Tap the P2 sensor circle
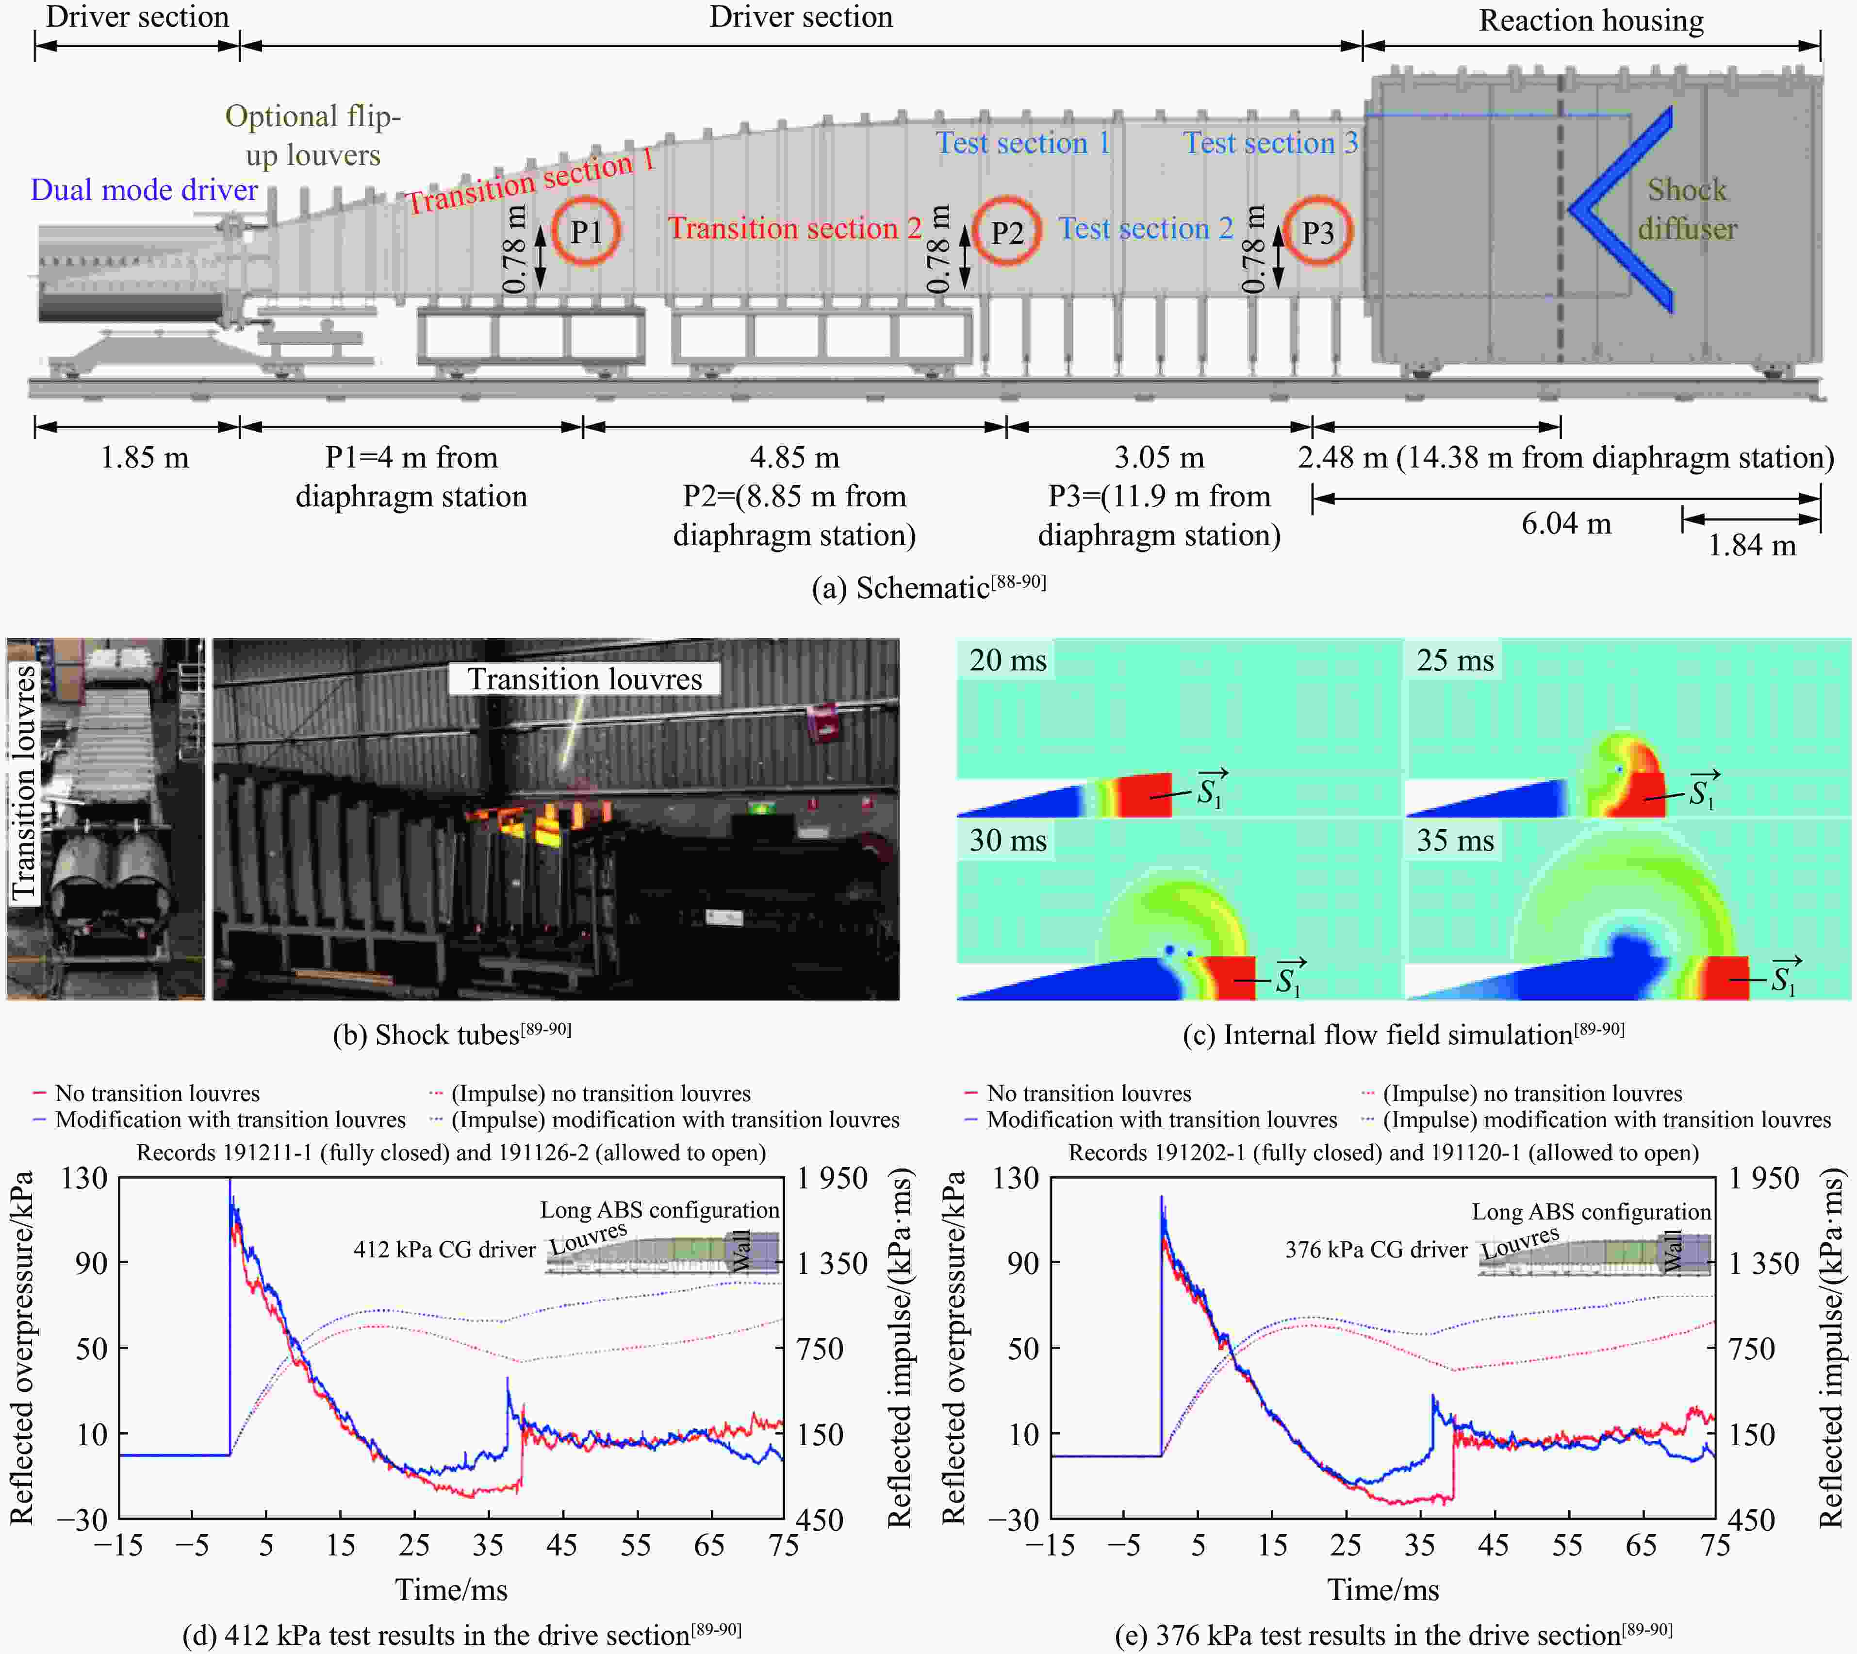coord(1007,232)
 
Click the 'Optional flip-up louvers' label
coord(312,135)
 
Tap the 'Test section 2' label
coord(1146,228)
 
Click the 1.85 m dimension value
coord(145,457)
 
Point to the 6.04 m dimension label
coord(1566,523)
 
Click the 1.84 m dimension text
coord(1752,545)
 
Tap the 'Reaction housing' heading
coord(1591,20)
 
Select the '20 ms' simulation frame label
coord(1007,660)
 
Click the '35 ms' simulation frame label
coord(1455,840)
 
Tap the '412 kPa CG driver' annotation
coord(444,1250)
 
